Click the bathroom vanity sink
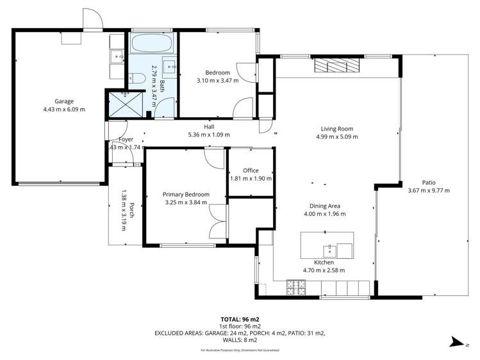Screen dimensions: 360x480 170,66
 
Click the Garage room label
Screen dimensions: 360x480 63,101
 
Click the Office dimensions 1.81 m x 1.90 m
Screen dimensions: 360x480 251,178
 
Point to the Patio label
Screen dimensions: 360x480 429,181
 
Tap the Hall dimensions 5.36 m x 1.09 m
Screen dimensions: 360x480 208,135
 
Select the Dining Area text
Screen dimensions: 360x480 322,206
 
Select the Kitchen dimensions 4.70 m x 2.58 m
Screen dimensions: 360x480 324,270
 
